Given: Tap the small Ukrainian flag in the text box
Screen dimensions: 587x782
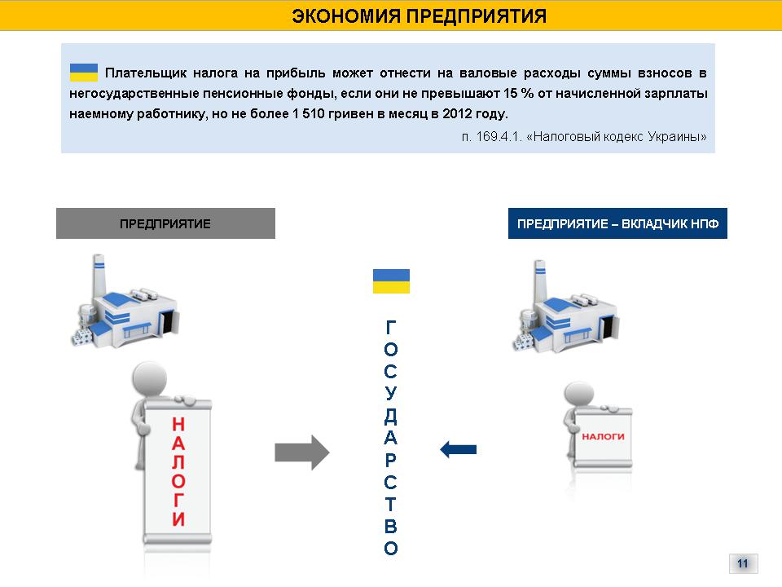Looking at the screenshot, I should (84, 73).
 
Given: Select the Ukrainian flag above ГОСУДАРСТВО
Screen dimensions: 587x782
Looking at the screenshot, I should (391, 281).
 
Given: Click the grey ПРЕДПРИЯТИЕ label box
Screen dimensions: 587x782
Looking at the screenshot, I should (165, 223).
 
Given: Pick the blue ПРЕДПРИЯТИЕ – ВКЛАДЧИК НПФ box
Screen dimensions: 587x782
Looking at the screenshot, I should (617, 223).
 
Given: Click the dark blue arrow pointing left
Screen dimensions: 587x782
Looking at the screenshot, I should (458, 448).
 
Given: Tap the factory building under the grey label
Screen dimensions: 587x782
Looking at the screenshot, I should (126, 306).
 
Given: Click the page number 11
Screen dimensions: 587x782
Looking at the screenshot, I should (742, 563).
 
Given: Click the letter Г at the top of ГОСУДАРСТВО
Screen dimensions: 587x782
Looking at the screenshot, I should (391, 328).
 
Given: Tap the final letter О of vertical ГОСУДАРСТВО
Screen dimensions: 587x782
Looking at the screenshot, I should (391, 549).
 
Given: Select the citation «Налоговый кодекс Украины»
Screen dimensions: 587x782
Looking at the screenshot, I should (617, 136).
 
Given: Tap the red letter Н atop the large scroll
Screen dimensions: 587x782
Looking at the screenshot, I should (178, 424).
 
